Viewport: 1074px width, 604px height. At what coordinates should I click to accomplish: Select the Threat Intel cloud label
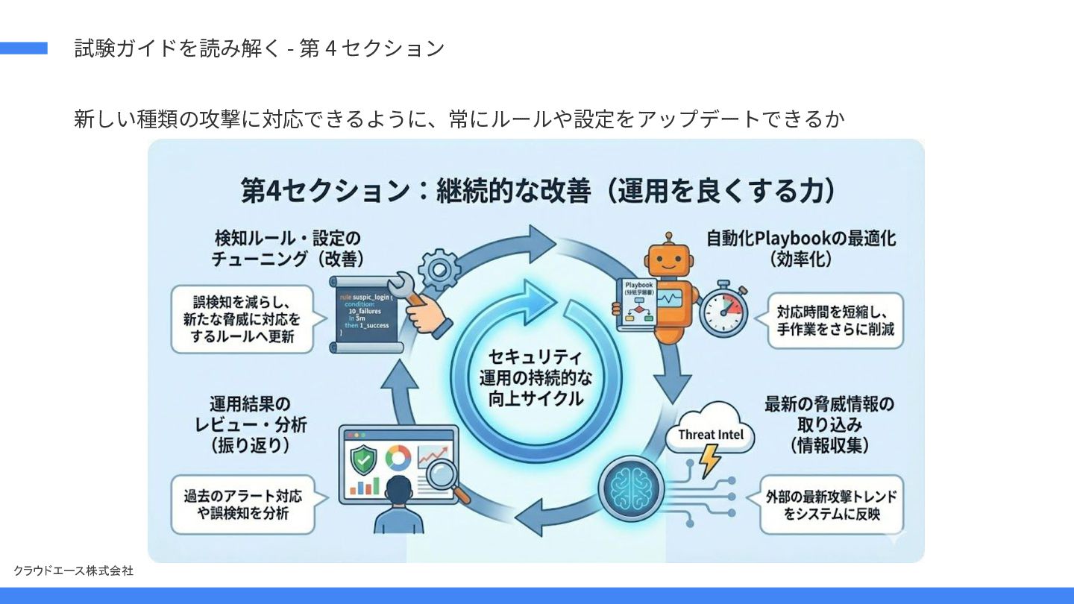coord(710,434)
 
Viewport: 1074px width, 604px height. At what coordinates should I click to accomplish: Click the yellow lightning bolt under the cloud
coord(709,460)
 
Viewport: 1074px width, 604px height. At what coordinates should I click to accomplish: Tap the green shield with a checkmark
coord(364,458)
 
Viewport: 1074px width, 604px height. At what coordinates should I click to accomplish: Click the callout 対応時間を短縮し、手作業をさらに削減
coord(835,320)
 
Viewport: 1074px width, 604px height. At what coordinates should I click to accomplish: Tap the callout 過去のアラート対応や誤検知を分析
coord(243,504)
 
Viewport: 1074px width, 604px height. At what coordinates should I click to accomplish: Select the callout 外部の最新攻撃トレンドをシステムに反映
coord(831,505)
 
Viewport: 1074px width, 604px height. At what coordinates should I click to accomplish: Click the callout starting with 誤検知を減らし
coord(242,319)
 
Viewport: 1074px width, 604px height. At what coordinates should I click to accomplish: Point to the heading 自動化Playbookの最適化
coord(801,248)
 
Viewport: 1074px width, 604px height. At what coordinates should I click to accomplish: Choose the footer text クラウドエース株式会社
coord(73,570)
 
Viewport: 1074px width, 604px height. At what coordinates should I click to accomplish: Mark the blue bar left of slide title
coord(24,48)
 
